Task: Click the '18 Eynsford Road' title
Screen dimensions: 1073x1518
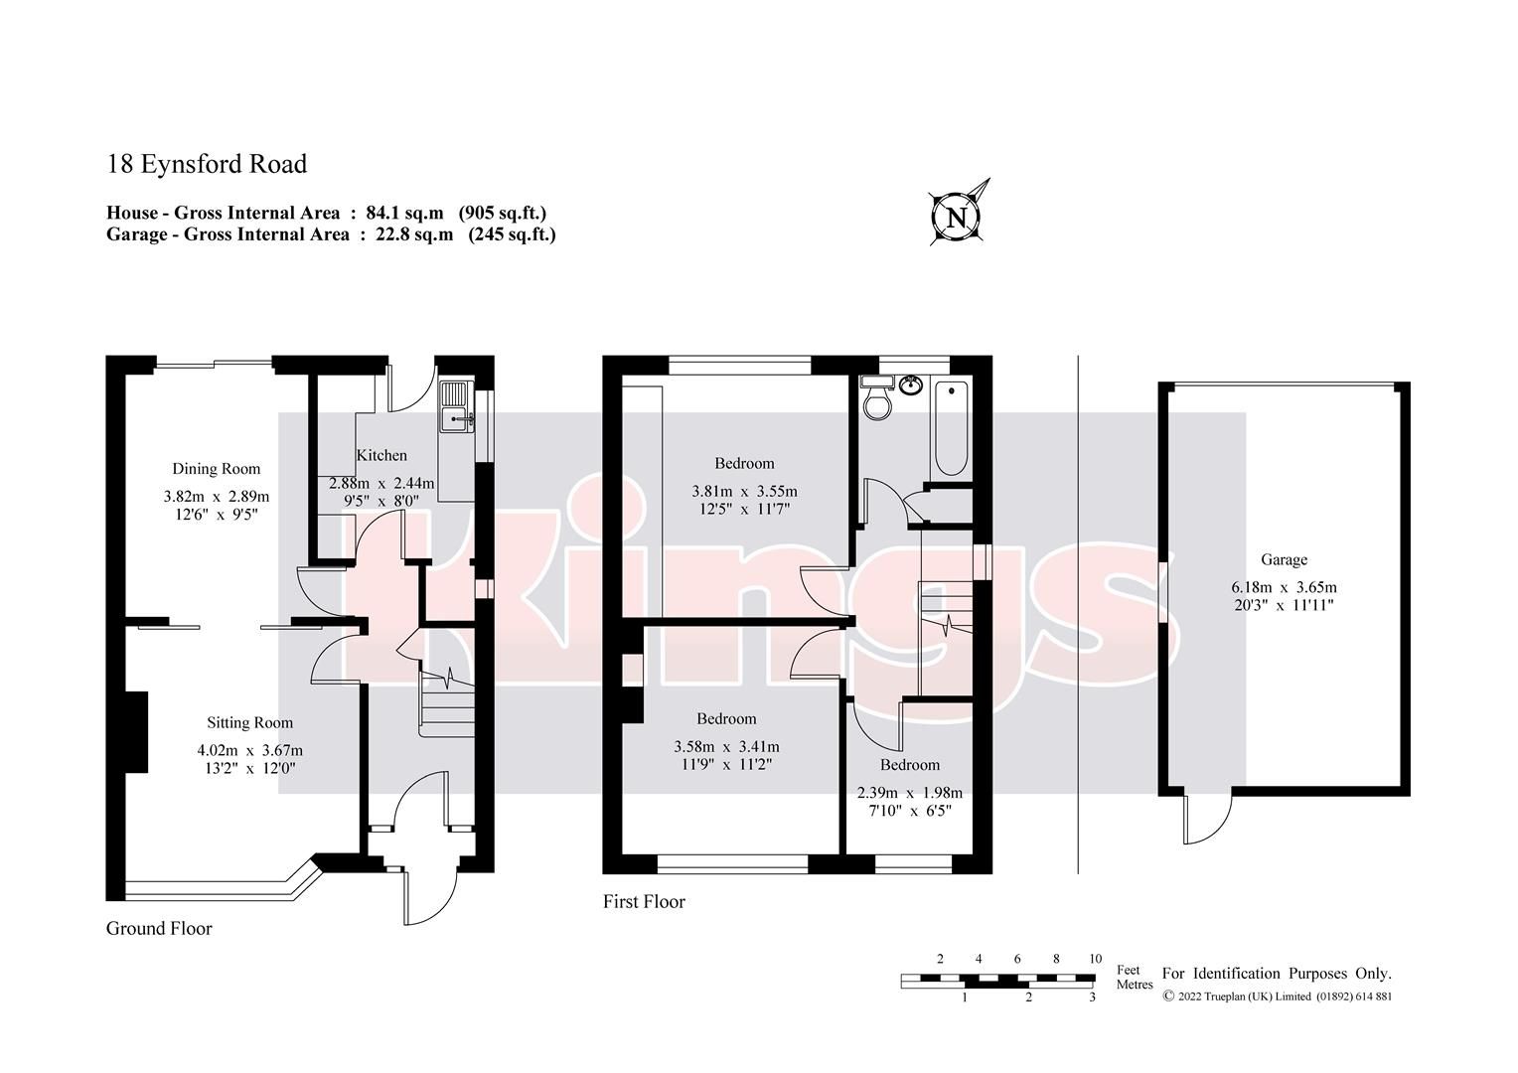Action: point(207,164)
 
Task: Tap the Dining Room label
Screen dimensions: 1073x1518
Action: point(216,469)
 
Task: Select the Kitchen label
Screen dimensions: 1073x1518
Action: point(381,455)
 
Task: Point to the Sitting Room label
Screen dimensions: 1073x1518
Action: point(249,722)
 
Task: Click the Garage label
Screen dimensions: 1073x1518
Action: point(1284,559)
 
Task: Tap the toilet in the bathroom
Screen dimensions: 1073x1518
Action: point(878,400)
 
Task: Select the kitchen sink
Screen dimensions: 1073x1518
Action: point(457,407)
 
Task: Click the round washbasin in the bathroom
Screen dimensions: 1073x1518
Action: point(910,383)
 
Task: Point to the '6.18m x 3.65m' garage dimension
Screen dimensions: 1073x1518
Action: point(1284,586)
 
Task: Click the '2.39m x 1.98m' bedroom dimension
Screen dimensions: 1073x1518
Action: point(909,793)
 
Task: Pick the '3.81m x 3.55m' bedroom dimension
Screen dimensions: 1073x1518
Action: point(744,491)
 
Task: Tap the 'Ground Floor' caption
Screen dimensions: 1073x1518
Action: point(159,929)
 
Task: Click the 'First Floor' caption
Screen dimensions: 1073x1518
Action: point(644,902)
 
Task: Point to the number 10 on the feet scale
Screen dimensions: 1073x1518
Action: point(1095,959)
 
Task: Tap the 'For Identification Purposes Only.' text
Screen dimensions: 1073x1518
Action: point(1277,975)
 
